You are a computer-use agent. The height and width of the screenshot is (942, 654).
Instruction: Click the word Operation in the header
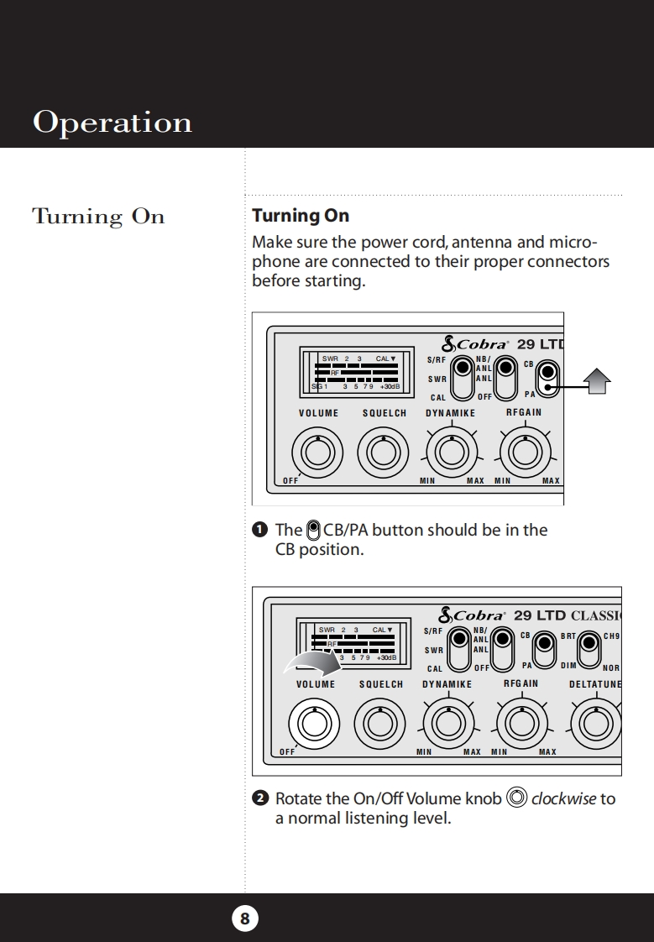pyautogui.click(x=112, y=123)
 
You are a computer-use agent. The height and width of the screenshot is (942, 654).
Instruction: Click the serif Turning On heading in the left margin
pyautogui.click(x=98, y=217)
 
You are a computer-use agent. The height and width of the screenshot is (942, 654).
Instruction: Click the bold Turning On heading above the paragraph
pyautogui.click(x=301, y=216)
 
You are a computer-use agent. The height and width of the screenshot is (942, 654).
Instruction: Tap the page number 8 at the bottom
pyautogui.click(x=244, y=918)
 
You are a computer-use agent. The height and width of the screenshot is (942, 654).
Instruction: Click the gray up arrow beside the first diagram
pyautogui.click(x=596, y=382)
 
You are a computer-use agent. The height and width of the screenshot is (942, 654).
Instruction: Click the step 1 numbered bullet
pyautogui.click(x=260, y=530)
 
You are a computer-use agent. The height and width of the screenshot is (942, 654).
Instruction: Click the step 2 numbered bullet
pyautogui.click(x=260, y=798)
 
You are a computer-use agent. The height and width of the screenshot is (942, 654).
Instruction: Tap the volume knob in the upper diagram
pyautogui.click(x=317, y=453)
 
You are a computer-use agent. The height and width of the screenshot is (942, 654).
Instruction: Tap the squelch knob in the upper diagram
pyautogui.click(x=384, y=453)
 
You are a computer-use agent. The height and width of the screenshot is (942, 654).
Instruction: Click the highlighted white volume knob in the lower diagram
pyautogui.click(x=313, y=723)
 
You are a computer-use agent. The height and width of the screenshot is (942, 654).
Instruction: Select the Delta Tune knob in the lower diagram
pyautogui.click(x=596, y=723)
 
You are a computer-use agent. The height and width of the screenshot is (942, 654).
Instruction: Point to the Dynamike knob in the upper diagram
pyautogui.click(x=451, y=453)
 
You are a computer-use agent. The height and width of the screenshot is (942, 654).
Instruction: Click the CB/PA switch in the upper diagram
pyautogui.click(x=547, y=378)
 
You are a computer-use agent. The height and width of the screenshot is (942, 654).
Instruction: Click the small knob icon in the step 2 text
pyautogui.click(x=517, y=798)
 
